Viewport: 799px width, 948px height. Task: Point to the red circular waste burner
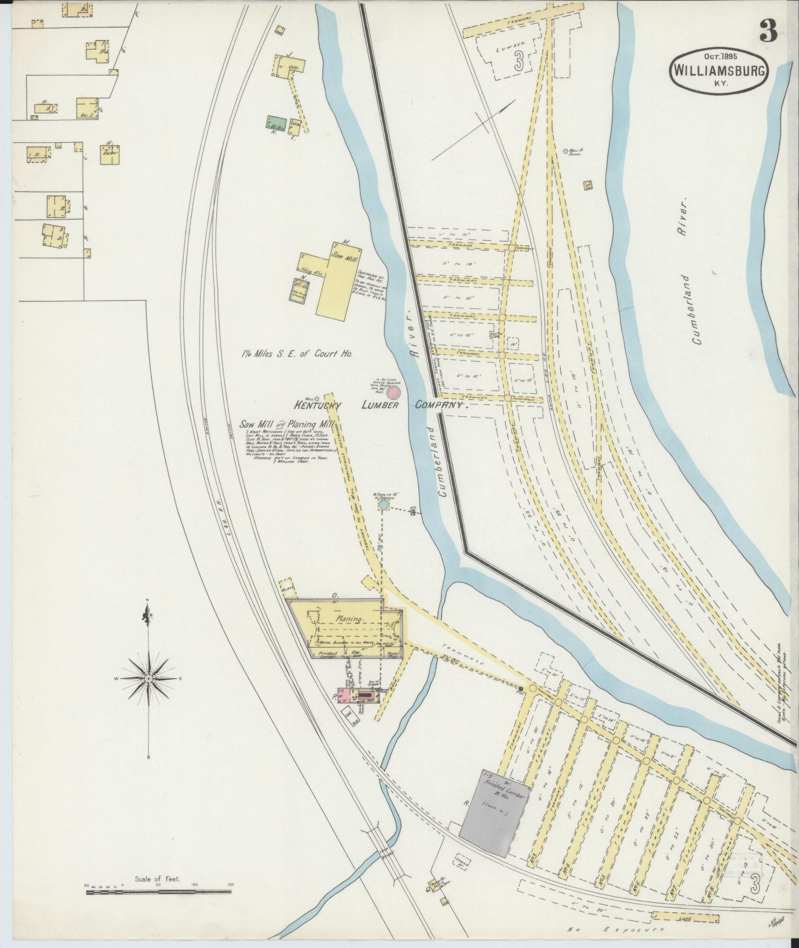[x=393, y=393]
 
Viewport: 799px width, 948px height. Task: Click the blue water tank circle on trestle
[x=383, y=504]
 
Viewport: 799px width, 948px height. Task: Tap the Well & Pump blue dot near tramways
[x=566, y=151]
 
